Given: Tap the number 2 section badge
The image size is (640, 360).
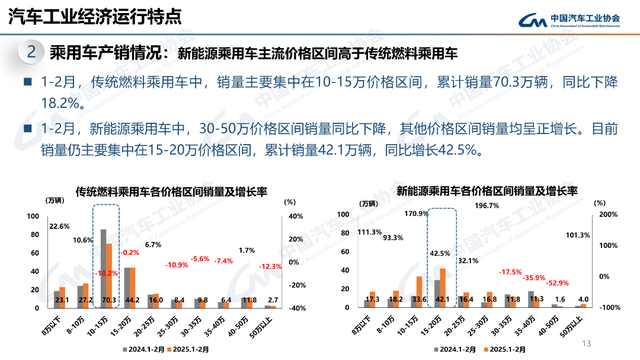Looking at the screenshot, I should tap(33, 51).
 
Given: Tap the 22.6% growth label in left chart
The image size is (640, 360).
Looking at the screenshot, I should tap(59, 227).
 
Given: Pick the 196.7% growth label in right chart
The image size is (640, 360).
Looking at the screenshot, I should tap(486, 206).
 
